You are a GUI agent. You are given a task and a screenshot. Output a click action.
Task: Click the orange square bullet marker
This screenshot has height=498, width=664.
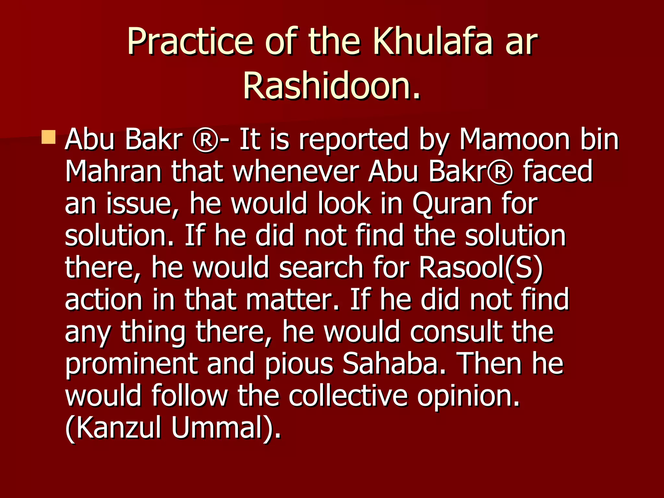[49, 137]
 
